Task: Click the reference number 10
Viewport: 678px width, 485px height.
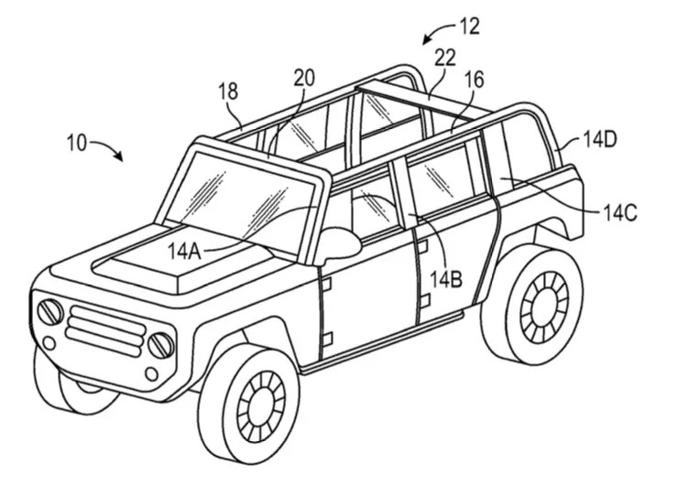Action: pos(77,143)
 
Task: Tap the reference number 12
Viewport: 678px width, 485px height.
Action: pos(469,27)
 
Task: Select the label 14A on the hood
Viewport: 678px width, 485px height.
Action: pos(185,252)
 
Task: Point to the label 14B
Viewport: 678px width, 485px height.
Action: pos(446,280)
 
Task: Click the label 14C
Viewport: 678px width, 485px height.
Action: pos(619,214)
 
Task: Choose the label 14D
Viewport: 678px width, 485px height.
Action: pos(600,139)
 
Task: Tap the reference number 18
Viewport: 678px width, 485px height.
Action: pos(228,92)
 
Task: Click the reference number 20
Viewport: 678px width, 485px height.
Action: pos(304,78)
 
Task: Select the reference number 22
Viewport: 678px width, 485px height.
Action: pos(445,58)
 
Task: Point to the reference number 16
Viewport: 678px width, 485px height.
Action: pos(474,80)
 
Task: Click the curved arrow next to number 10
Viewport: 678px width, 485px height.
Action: pos(108,146)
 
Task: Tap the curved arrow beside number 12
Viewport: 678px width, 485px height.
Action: pos(438,32)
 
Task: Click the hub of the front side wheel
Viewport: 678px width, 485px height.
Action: pos(261,406)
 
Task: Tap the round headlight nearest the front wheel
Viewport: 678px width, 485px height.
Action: pos(161,345)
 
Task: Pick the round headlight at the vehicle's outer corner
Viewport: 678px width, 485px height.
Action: pos(50,311)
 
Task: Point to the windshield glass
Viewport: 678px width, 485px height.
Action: pos(239,201)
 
